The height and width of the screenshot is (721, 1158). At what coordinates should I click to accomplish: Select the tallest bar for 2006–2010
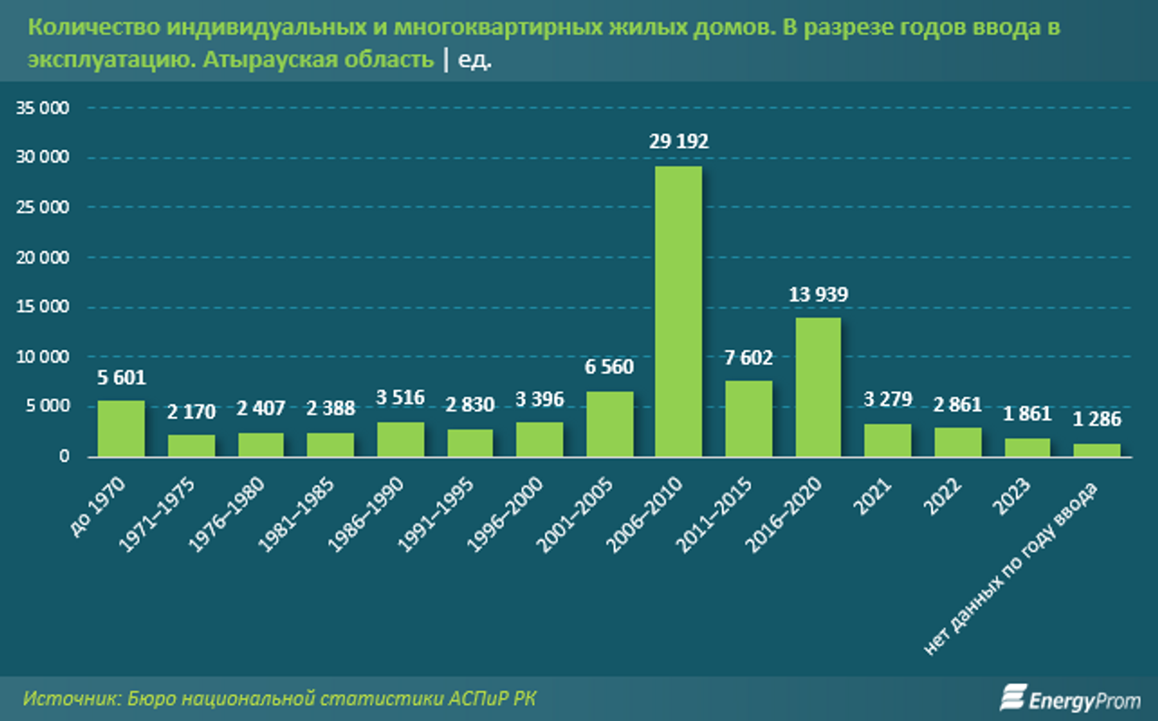(679, 312)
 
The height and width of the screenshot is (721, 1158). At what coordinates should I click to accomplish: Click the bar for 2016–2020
(818, 387)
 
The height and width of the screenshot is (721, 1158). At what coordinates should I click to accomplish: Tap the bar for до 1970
(121, 428)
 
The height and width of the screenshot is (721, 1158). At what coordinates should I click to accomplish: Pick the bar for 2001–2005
(610, 424)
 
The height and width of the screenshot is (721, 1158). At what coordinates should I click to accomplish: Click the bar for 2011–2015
(749, 419)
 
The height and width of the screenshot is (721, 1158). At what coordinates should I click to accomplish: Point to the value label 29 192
(679, 141)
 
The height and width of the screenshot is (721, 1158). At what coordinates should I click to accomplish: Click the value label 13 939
(818, 294)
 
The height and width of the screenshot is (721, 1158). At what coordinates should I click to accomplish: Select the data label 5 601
(121, 378)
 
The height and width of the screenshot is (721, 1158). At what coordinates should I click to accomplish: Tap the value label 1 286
(1097, 419)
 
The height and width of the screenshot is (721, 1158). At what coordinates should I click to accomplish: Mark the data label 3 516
(400, 398)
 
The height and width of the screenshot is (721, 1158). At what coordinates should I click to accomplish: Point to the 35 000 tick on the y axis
(43, 108)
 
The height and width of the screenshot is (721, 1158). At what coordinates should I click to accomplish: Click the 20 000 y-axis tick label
(43, 257)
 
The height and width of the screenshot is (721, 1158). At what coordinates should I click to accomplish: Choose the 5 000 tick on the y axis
(47, 407)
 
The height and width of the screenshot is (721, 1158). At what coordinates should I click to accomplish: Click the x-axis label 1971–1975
(158, 514)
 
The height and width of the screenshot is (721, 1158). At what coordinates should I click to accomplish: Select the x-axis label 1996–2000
(506, 514)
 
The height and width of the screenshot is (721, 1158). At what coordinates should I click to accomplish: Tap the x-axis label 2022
(943, 496)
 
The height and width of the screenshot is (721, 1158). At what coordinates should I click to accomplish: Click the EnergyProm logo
(1070, 698)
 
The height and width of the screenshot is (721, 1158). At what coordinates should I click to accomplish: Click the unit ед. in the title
(474, 59)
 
